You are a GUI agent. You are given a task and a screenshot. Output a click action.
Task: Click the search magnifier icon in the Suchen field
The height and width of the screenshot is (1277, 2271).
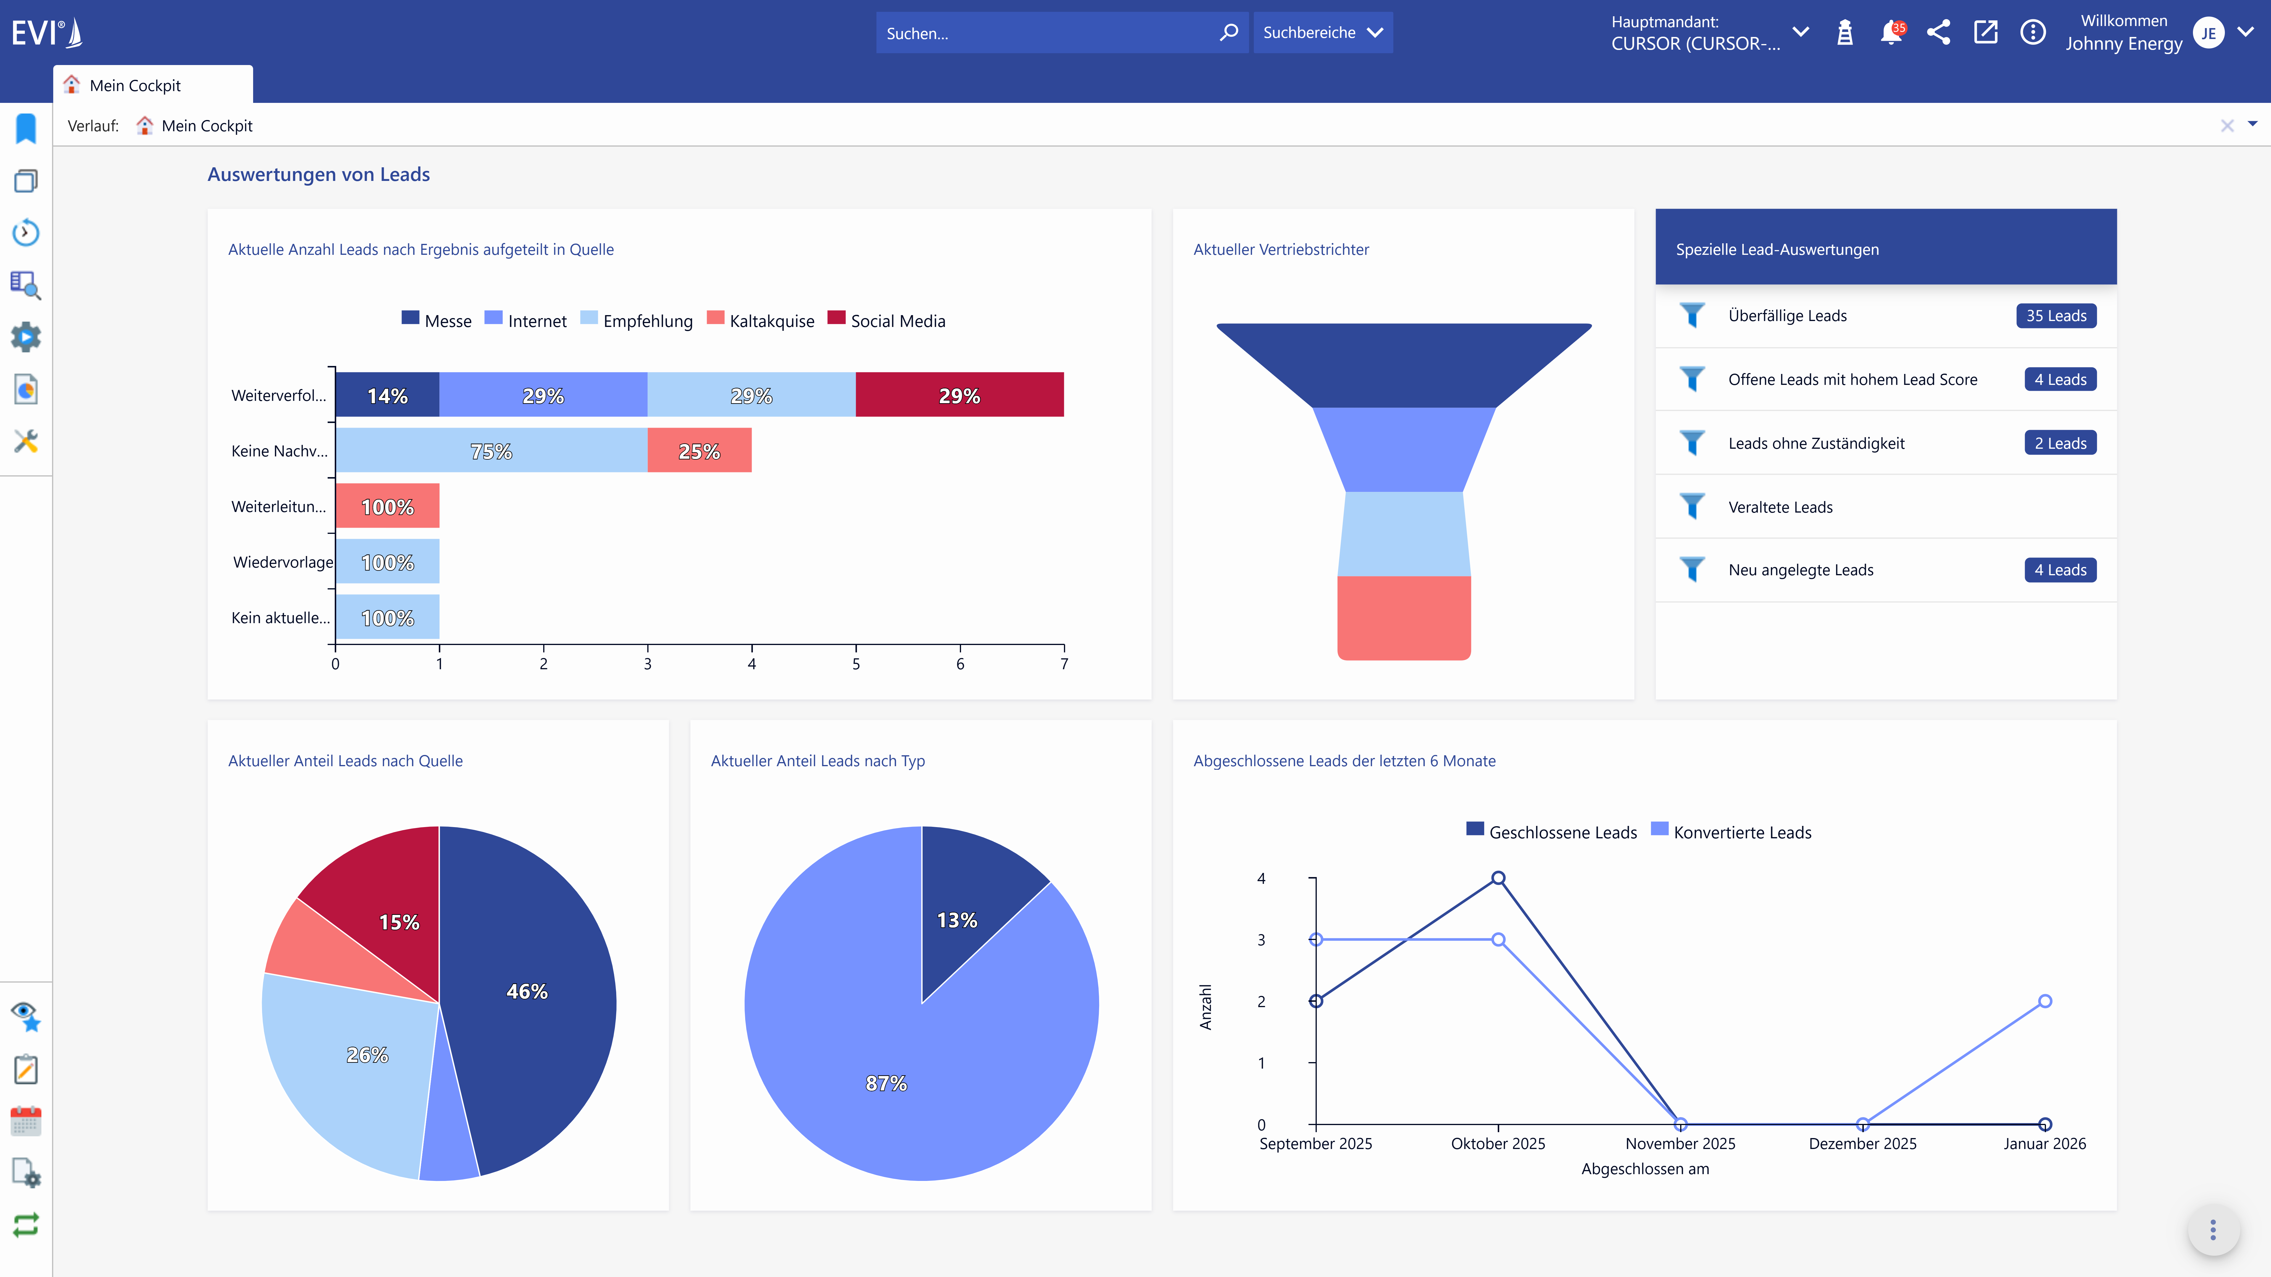[1228, 33]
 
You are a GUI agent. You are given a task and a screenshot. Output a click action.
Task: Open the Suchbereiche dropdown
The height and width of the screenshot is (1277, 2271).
[1322, 33]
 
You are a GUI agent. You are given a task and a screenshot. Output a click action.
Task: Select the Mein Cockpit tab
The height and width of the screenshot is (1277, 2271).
[135, 85]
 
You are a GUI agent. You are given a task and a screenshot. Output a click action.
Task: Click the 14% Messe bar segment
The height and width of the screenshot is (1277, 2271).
[387, 396]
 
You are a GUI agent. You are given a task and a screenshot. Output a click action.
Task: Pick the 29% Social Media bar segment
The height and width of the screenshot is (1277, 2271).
[959, 396]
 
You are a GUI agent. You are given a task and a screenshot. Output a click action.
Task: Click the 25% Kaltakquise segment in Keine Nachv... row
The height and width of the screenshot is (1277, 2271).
[699, 451]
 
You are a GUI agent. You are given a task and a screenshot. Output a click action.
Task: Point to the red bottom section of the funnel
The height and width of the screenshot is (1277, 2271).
[1403, 617]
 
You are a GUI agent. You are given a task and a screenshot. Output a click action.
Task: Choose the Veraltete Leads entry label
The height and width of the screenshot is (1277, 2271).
[1780, 507]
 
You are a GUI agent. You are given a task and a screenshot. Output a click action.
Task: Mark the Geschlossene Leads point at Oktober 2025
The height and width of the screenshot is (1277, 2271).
[1498, 878]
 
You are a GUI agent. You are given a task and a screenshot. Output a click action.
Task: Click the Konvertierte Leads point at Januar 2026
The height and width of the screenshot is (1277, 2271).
[2044, 1001]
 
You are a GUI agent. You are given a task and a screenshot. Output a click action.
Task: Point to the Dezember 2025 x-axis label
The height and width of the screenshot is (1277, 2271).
[1862, 1144]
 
